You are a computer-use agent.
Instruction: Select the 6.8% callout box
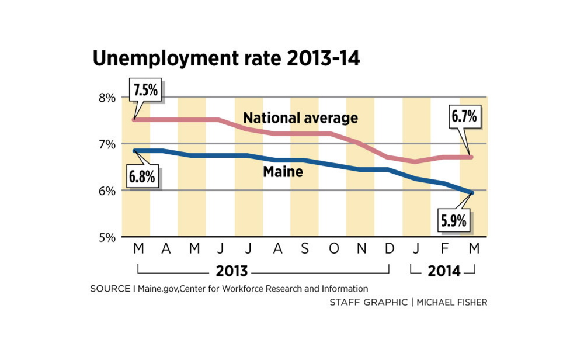pyautogui.click(x=143, y=176)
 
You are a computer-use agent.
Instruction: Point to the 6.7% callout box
pyautogui.click(x=464, y=117)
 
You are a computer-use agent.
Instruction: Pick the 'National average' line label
pyautogui.click(x=300, y=118)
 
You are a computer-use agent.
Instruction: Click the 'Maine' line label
pyautogui.click(x=283, y=172)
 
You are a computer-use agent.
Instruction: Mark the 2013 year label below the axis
pyautogui.click(x=232, y=271)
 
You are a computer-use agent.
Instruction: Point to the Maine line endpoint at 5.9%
pyautogui.click(x=472, y=192)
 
